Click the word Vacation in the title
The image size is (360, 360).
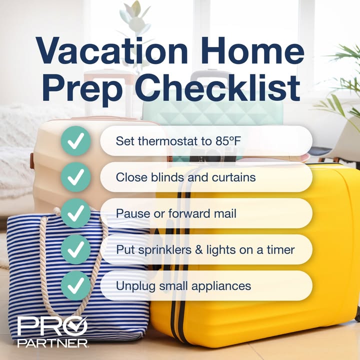tap(112, 50)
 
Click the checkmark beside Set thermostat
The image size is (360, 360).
tap(75, 140)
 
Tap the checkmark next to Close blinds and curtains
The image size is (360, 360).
tap(75, 177)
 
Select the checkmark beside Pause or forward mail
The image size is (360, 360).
tap(75, 213)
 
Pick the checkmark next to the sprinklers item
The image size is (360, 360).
tap(75, 249)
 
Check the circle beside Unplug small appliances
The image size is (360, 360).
tap(75, 285)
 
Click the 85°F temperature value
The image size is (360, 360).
tap(228, 140)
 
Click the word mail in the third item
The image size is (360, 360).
tap(225, 213)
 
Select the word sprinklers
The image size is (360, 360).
tap(165, 250)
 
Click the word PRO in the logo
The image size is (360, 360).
tap(52, 326)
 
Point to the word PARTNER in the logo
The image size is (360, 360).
tap(52, 343)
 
